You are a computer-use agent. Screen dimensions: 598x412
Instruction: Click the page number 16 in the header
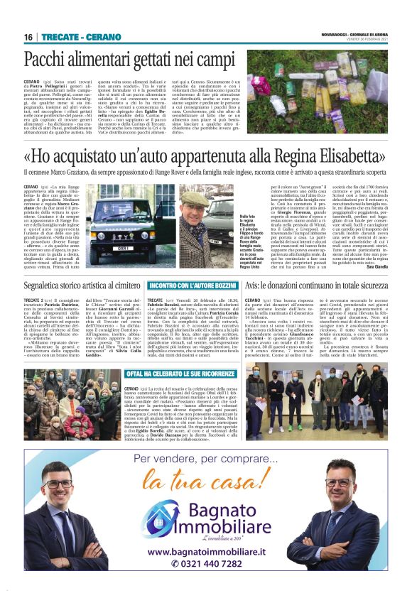point(29,36)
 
